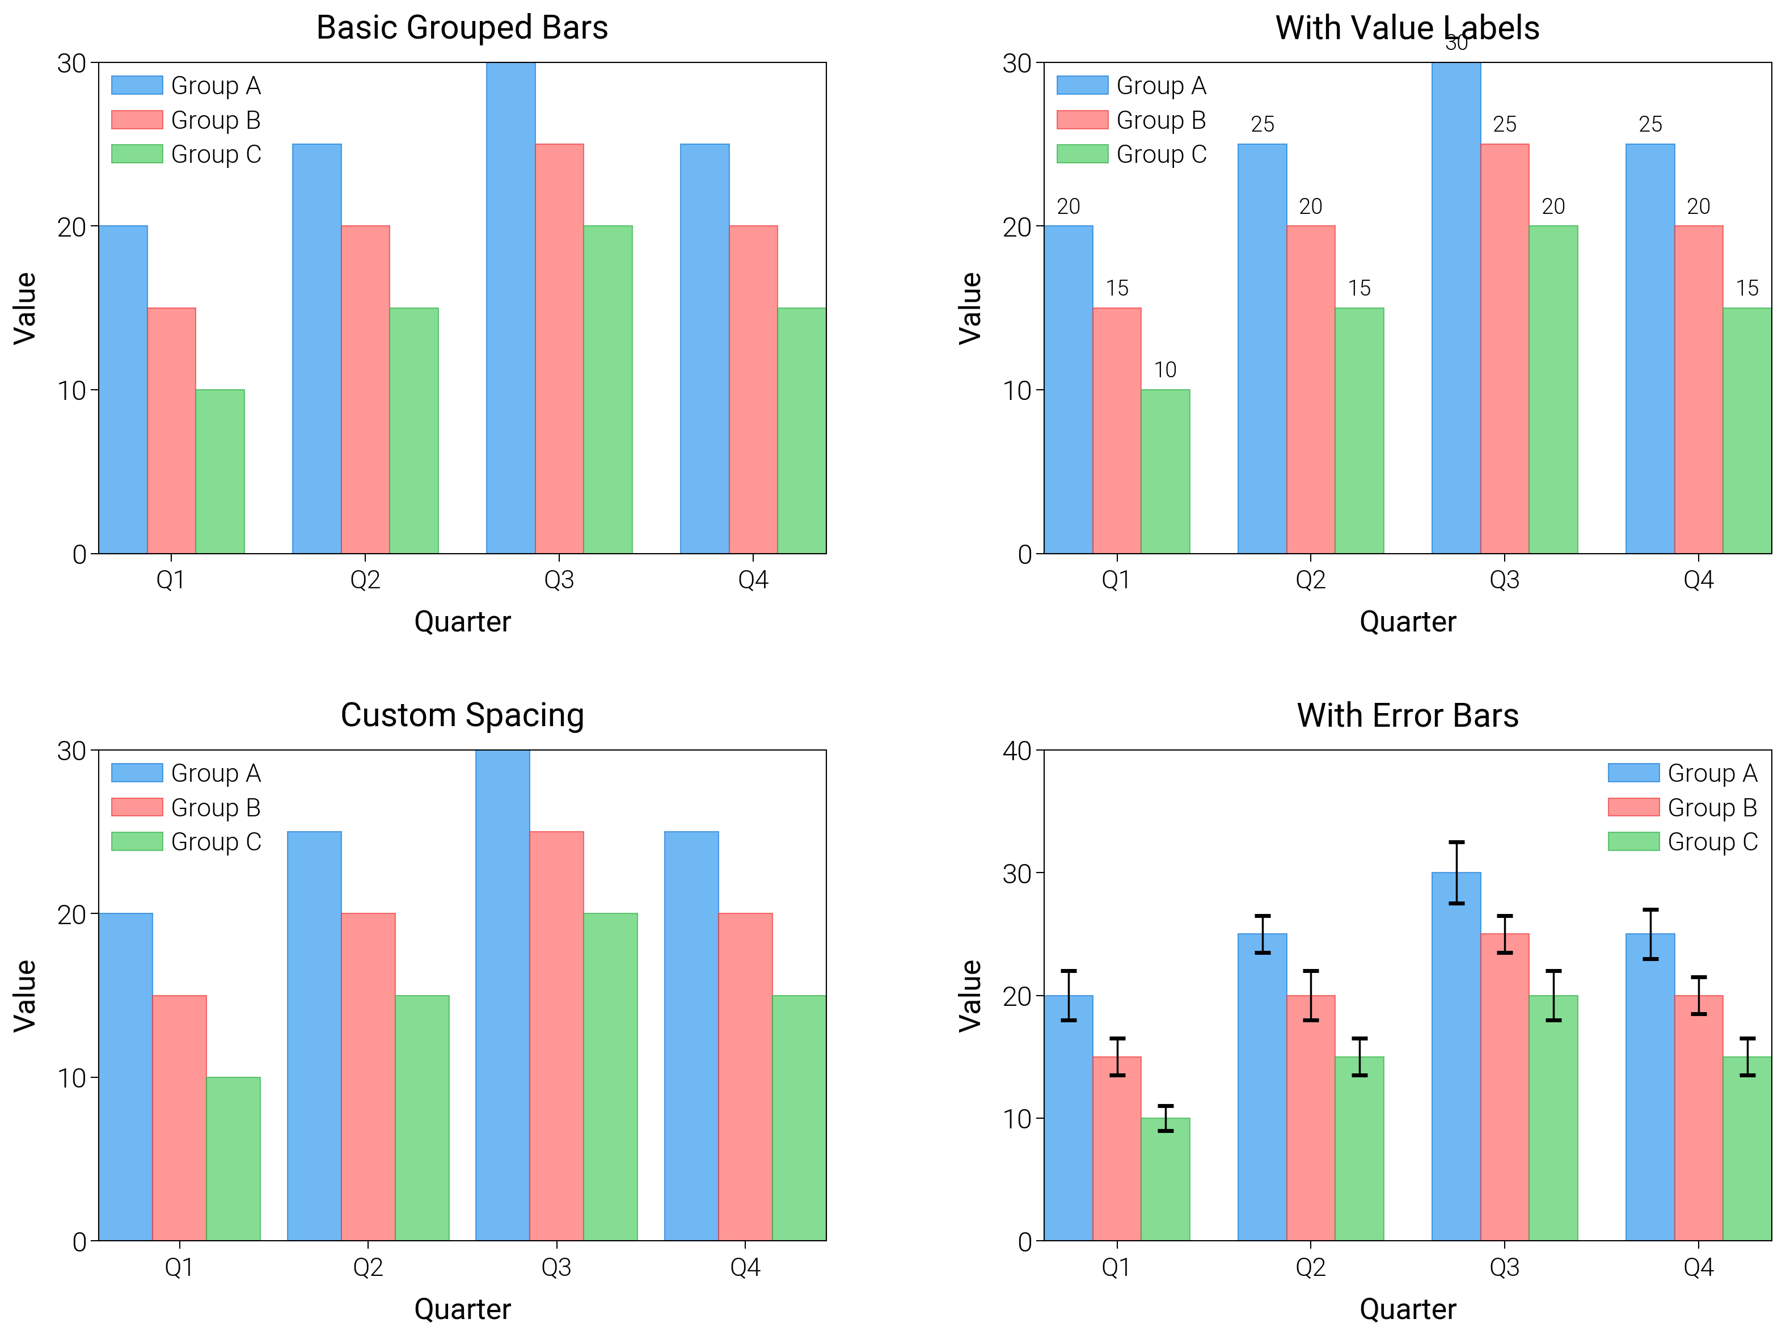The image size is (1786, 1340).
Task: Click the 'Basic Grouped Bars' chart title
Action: pyautogui.click(x=462, y=27)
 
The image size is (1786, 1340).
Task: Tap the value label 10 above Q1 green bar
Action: pyautogui.click(x=1165, y=370)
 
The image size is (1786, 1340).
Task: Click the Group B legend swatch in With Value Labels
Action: pyautogui.click(x=1082, y=120)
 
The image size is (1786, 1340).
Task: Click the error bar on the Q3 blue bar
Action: pyautogui.click(x=1456, y=873)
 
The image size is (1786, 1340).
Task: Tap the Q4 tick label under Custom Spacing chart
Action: pyautogui.click(x=745, y=1267)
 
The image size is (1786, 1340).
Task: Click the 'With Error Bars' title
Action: pyautogui.click(x=1407, y=715)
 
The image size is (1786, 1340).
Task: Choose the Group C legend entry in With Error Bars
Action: pyautogui.click(x=1712, y=842)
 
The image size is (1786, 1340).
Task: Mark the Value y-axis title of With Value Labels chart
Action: pyautogui.click(x=970, y=309)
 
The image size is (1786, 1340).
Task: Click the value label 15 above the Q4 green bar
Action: pyautogui.click(x=1747, y=288)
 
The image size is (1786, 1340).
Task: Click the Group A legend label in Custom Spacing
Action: pyautogui.click(x=216, y=773)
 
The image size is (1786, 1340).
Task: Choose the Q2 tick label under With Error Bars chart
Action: pyautogui.click(x=1311, y=1267)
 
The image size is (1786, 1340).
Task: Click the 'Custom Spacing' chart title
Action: pyautogui.click(x=462, y=715)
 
